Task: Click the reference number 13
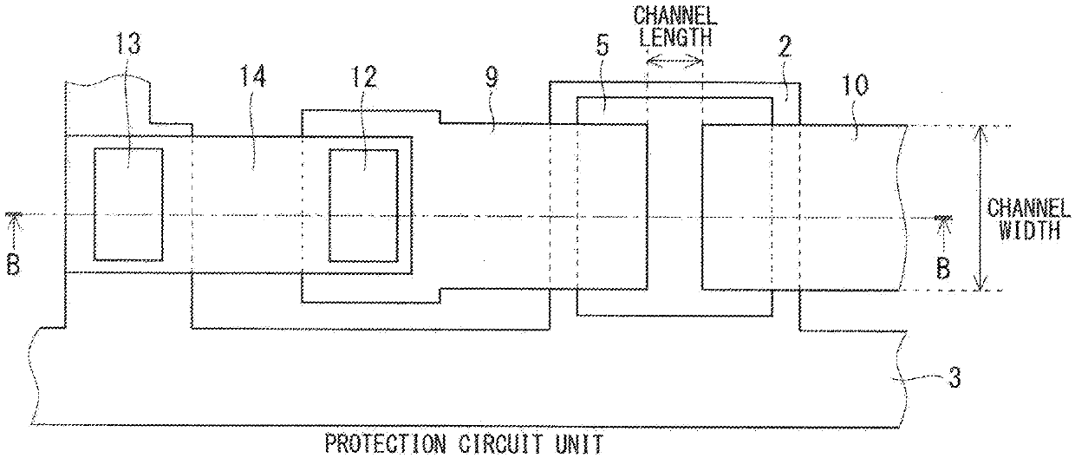128,43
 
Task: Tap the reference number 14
252,76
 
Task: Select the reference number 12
363,77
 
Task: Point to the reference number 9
492,77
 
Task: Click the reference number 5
602,46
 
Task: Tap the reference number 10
855,86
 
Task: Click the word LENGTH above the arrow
675,36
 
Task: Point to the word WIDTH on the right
1029,230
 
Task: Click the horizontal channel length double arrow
674,61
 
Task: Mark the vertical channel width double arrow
980,208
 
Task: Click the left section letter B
14,265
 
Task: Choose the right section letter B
943,269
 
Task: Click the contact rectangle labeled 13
128,205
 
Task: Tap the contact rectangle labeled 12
363,206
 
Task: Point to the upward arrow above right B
943,235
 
